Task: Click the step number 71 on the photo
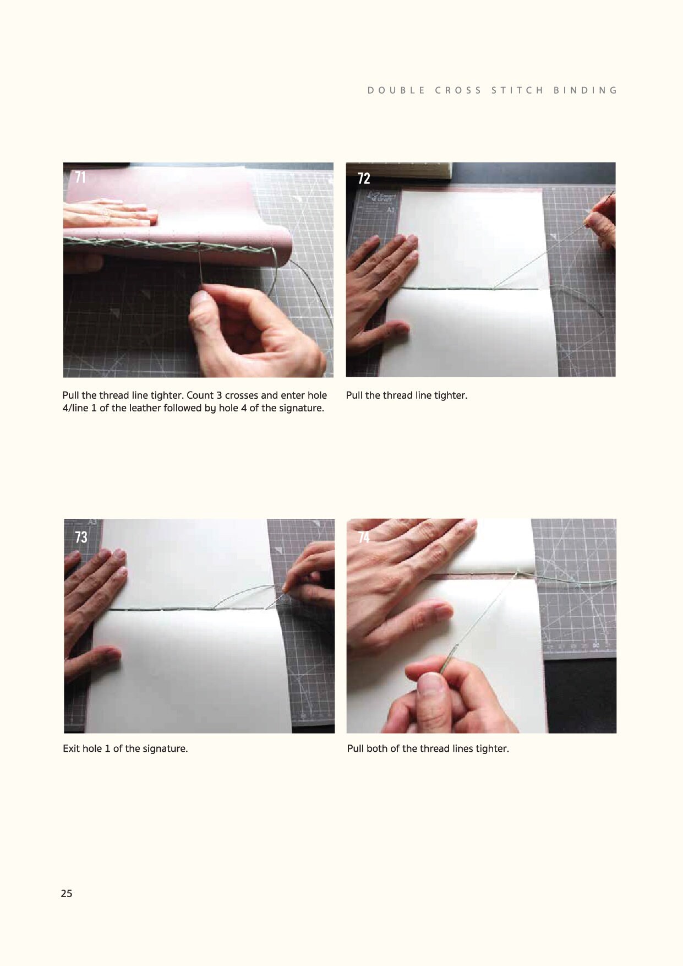click(80, 177)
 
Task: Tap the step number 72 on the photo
click(364, 178)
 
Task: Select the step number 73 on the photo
click(81, 537)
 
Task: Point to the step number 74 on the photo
click(364, 537)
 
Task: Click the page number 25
click(67, 893)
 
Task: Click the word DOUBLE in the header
click(396, 90)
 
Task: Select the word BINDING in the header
click(586, 90)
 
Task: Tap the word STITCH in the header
click(517, 90)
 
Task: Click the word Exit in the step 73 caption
click(72, 748)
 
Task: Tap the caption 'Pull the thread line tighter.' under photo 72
click(407, 395)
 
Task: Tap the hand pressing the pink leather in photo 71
click(110, 213)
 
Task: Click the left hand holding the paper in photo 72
click(380, 292)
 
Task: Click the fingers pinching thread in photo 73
click(308, 576)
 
